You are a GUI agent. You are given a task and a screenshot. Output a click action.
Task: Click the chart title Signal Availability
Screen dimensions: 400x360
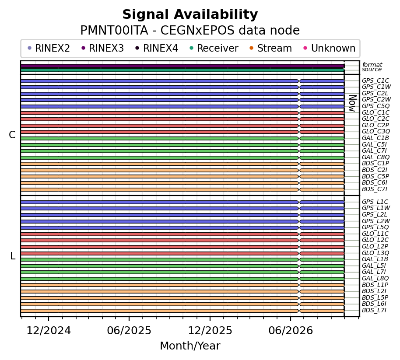click(x=190, y=14)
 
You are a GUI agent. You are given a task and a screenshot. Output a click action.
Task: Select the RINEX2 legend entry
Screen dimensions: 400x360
click(x=49, y=48)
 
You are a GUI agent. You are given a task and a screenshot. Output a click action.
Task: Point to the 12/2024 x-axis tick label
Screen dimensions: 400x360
click(x=49, y=331)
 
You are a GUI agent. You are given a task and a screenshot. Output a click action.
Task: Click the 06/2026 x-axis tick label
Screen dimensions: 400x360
click(x=291, y=331)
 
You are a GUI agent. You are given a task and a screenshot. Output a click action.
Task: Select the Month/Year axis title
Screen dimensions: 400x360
click(x=190, y=346)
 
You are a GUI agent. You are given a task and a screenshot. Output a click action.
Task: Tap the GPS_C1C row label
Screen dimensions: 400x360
click(x=375, y=81)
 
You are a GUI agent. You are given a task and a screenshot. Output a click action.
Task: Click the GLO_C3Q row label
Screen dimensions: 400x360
click(x=376, y=132)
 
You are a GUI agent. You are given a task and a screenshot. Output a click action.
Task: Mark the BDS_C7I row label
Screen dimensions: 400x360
click(x=375, y=189)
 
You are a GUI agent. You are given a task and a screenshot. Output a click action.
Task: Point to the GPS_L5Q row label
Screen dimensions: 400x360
click(x=375, y=227)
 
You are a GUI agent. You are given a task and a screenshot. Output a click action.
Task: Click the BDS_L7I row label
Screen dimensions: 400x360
click(x=374, y=310)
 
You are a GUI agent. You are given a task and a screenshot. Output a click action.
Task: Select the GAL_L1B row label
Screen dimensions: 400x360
click(x=375, y=259)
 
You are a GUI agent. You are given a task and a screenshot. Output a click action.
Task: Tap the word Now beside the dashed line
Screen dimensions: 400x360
click(x=352, y=103)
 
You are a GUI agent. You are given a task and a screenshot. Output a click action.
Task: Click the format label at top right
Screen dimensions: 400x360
click(x=372, y=65)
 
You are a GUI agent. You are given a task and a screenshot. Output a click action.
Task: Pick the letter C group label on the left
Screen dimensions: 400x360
click(x=12, y=135)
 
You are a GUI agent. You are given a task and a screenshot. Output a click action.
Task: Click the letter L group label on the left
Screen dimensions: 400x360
click(x=13, y=256)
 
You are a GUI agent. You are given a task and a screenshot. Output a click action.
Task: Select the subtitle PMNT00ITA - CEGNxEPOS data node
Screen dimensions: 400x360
click(x=190, y=30)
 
